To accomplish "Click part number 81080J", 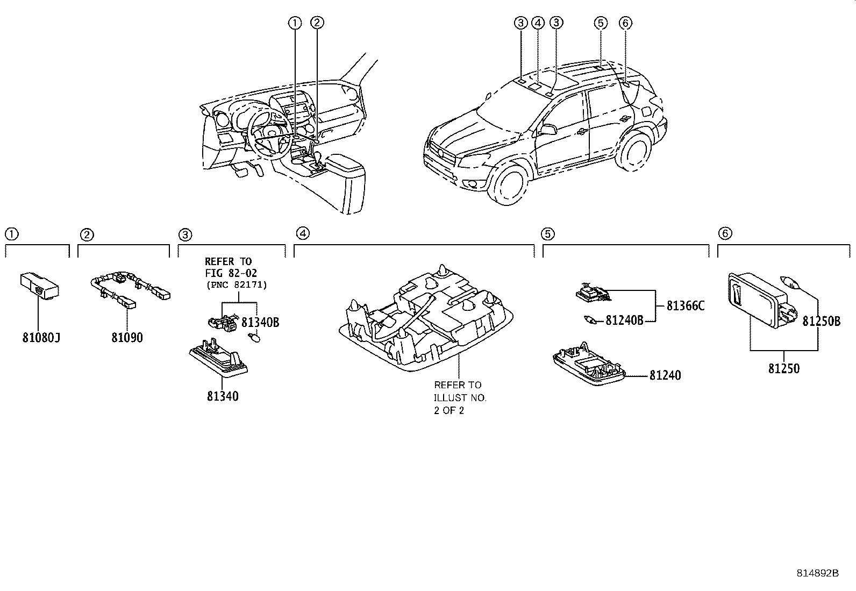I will [x=41, y=338].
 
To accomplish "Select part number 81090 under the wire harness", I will [x=127, y=338].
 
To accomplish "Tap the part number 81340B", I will [x=260, y=322].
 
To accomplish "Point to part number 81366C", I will [x=685, y=306].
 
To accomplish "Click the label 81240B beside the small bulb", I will [x=624, y=321].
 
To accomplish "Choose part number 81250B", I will [x=821, y=321].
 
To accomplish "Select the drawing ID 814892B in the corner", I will [x=817, y=573].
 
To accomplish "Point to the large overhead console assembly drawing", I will [x=425, y=323].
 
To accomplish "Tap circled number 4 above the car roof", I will [x=538, y=23].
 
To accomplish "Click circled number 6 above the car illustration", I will [x=625, y=23].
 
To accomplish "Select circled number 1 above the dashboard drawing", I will [x=294, y=23].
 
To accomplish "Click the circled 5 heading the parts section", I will [x=548, y=233].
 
